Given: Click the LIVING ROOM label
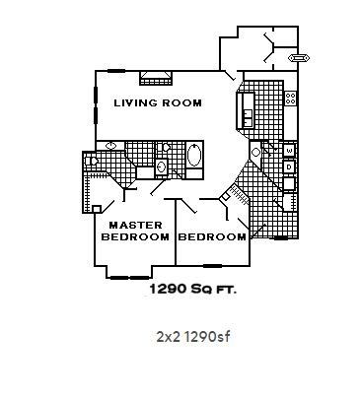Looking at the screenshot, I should (158, 102).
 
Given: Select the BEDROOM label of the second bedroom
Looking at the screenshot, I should (212, 237).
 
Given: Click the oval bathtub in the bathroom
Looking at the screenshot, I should (194, 156).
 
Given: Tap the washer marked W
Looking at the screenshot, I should (288, 150).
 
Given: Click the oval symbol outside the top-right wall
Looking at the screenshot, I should (295, 58).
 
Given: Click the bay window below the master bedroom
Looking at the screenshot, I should (127, 276).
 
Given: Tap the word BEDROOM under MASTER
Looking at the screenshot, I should (137, 237).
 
